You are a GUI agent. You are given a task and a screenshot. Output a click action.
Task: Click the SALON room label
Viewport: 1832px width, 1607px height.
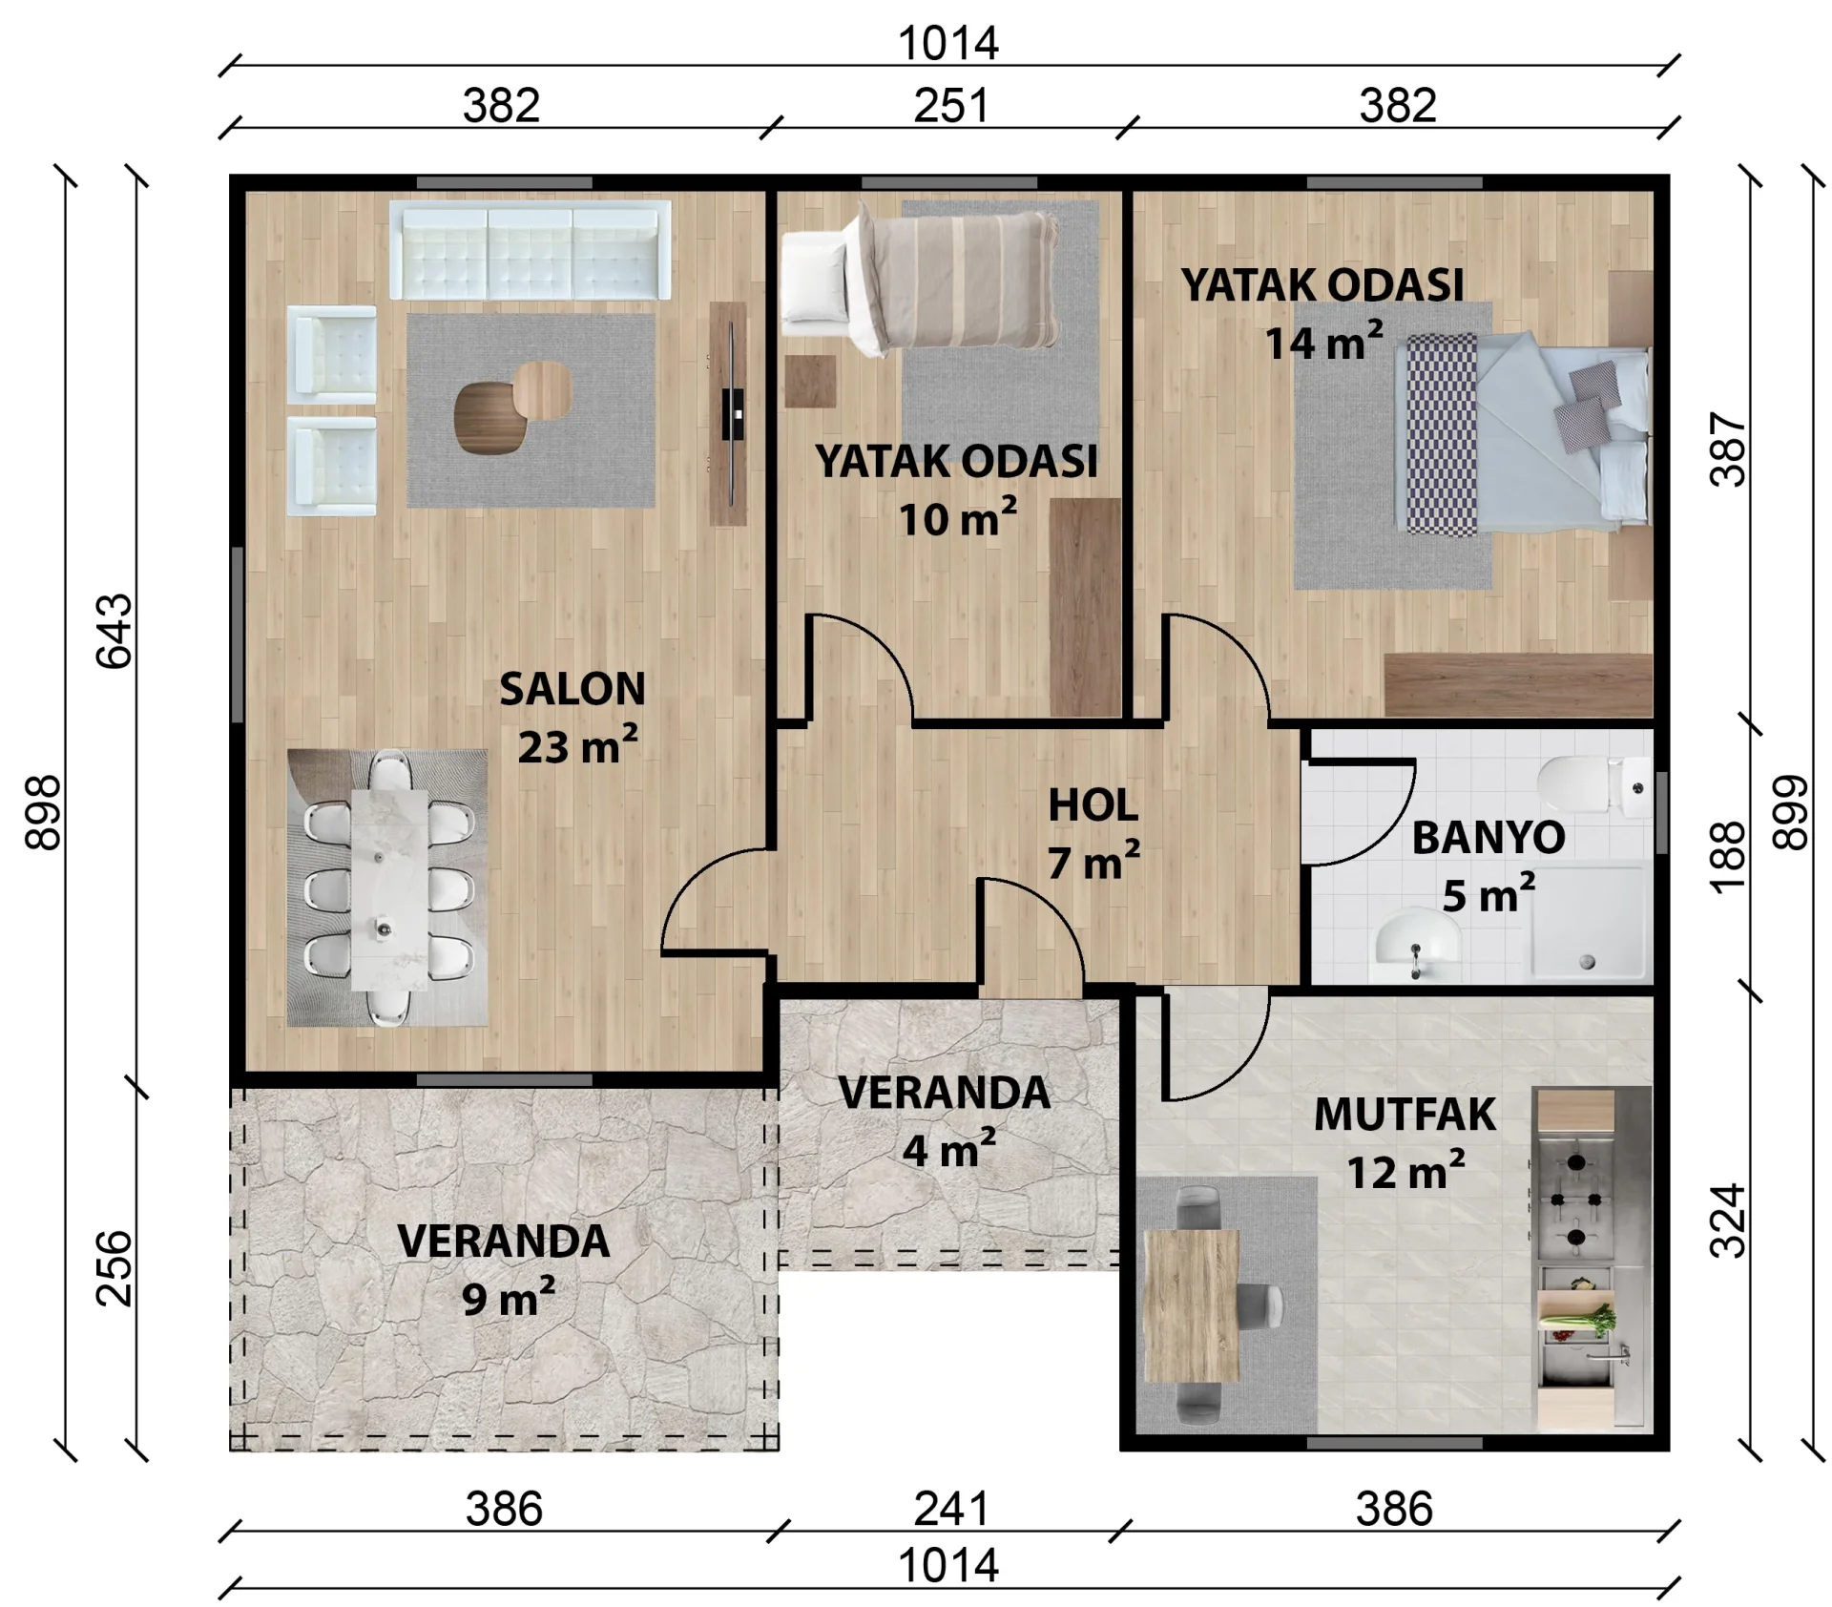tap(572, 689)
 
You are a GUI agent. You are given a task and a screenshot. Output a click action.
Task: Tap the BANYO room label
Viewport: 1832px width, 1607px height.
tap(1488, 838)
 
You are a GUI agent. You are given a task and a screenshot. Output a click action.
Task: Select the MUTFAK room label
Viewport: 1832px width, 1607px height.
tap(1405, 1115)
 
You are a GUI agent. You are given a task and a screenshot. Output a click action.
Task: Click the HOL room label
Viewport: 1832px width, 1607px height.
tap(1093, 805)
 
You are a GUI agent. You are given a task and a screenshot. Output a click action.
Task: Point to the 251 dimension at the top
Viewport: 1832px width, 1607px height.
tap(950, 105)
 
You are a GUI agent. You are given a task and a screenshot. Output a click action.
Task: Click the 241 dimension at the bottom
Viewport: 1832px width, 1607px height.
tap(950, 1509)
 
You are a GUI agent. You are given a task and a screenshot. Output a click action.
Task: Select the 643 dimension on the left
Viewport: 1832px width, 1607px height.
tap(114, 631)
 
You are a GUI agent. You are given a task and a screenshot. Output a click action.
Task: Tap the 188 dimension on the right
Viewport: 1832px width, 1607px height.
tap(1728, 857)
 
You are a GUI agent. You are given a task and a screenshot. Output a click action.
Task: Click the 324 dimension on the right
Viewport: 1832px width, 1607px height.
tap(1728, 1221)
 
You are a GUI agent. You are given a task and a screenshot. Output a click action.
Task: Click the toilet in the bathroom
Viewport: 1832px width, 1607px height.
tap(1593, 787)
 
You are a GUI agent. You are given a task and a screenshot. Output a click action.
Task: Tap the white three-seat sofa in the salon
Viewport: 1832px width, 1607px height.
tap(530, 250)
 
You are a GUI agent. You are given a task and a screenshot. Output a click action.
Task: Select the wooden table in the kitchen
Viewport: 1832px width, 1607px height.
tap(1191, 1305)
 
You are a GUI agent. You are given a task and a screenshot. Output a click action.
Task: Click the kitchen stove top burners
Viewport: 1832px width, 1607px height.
tap(1575, 1200)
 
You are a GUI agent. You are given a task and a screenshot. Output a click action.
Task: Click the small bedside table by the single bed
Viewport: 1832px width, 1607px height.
tap(810, 382)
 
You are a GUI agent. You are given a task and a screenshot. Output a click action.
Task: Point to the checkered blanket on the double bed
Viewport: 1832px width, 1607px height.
tap(1442, 434)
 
